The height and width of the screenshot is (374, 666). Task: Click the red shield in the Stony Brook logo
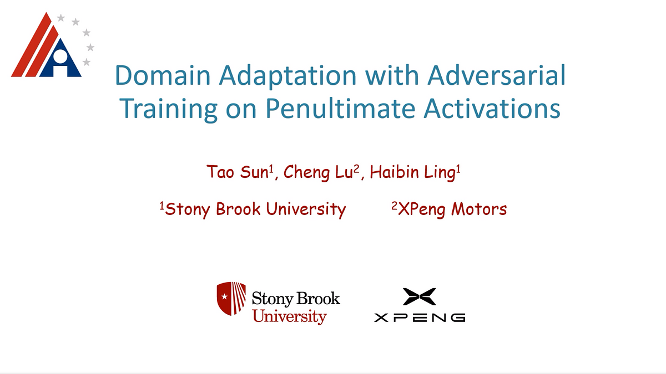pos(231,298)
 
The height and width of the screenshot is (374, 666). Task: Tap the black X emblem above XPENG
pos(420,296)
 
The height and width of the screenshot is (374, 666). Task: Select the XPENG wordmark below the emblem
pos(420,317)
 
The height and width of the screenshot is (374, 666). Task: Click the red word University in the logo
pos(289,317)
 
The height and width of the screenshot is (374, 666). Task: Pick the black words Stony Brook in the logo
pos(295,299)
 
